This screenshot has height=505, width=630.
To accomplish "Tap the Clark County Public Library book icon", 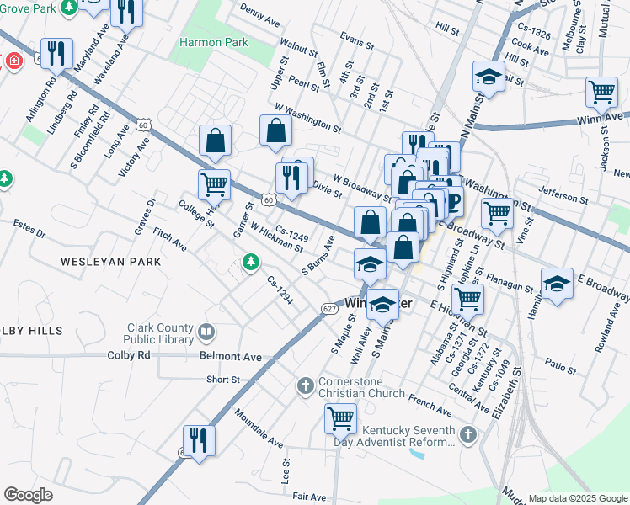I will click(206, 333).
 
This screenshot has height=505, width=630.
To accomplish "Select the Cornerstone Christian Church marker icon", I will click(307, 386).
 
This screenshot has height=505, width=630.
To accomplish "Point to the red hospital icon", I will click(13, 61).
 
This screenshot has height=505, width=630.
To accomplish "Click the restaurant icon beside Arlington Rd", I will click(56, 54).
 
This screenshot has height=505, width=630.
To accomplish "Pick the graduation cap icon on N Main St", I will click(488, 78).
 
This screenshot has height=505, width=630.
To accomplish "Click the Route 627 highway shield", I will click(329, 310).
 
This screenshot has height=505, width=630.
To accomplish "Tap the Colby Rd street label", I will click(128, 355).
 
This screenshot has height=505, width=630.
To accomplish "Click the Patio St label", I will click(560, 367).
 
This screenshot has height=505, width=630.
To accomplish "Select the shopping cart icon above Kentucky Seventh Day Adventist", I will click(340, 417).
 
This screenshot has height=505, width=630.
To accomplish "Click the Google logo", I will click(28, 494).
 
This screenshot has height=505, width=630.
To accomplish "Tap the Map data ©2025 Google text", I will click(577, 498).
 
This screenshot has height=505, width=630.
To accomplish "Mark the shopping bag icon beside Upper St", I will click(275, 130).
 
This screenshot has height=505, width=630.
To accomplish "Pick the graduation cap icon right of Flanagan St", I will click(557, 284).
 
